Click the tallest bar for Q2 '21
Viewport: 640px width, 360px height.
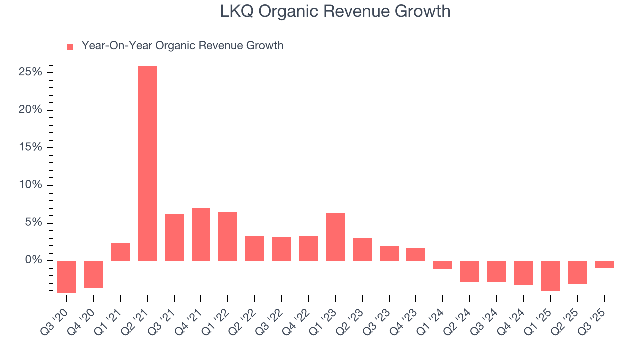[147, 163]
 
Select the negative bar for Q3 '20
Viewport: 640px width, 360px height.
[67, 276]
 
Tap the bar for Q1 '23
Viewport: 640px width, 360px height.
[335, 237]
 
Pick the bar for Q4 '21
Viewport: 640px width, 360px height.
[201, 234]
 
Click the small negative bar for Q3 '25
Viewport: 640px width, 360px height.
[604, 264]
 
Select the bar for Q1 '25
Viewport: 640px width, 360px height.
[550, 276]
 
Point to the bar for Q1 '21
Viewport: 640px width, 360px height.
[120, 252]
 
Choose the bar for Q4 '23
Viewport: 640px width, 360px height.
[416, 254]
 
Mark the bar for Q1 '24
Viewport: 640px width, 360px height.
[443, 265]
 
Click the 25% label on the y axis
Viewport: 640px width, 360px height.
[30, 72]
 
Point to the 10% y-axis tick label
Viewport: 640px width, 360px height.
[30, 185]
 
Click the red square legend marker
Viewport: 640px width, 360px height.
[70, 46]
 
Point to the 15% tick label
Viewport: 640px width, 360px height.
[30, 148]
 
